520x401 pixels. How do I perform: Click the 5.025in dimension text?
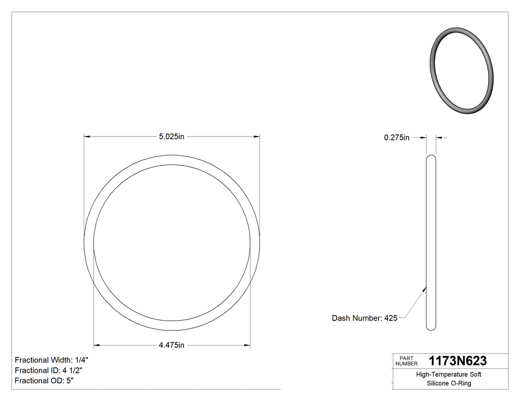click(171, 137)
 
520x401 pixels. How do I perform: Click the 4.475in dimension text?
click(171, 345)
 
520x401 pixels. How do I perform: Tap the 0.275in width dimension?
click(397, 138)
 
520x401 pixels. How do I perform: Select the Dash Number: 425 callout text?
click(364, 318)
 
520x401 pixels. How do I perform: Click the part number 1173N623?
click(458, 361)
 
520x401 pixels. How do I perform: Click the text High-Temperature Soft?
click(449, 375)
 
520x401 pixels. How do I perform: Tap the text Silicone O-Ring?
click(449, 383)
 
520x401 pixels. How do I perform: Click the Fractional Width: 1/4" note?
click(52, 360)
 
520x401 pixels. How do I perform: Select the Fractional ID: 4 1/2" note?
click(49, 370)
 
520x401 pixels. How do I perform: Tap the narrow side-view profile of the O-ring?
click(431, 242)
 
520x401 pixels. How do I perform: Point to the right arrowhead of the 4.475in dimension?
click(247, 345)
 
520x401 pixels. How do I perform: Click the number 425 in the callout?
click(391, 318)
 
